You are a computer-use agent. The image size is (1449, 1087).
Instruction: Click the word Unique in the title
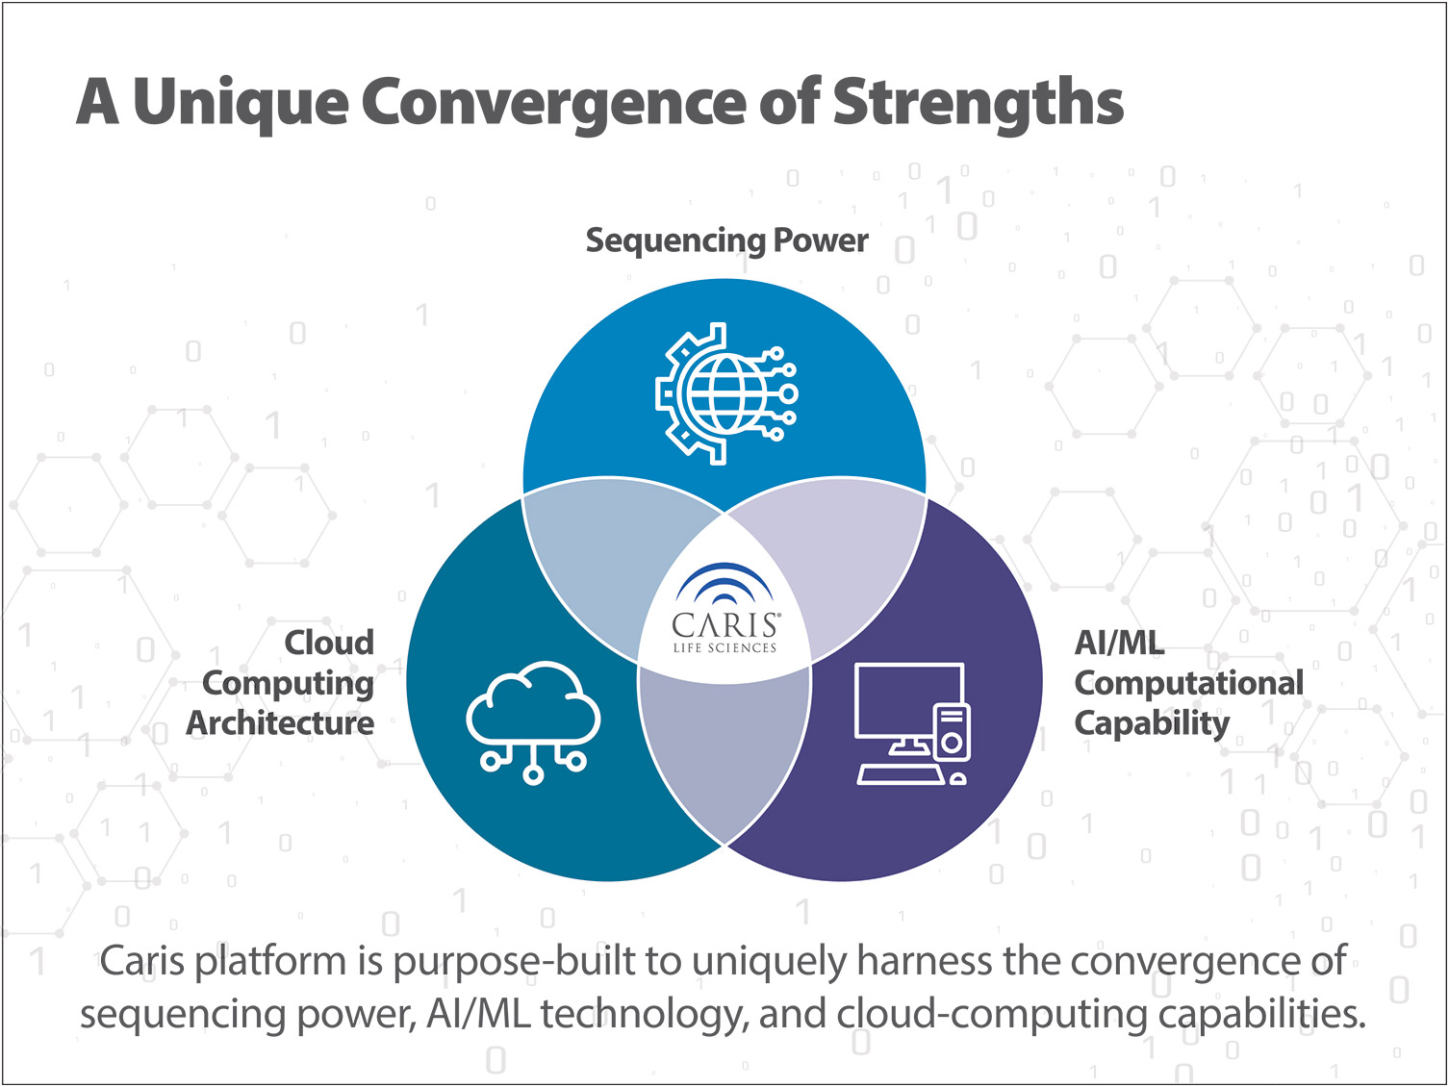pyautogui.click(x=241, y=104)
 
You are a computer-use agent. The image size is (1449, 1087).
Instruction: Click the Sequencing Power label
pyautogui.click(x=726, y=240)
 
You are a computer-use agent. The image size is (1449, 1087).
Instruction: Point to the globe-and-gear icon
pyautogui.click(x=726, y=394)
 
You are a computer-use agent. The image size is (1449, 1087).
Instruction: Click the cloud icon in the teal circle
pyautogui.click(x=533, y=722)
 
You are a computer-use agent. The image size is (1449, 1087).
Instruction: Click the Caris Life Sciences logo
pyautogui.click(x=724, y=608)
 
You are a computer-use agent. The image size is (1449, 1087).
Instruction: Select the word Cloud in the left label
pyautogui.click(x=329, y=643)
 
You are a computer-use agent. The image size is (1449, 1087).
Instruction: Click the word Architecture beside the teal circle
pyautogui.click(x=280, y=723)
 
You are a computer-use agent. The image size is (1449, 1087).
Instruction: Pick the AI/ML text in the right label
pyautogui.click(x=1119, y=643)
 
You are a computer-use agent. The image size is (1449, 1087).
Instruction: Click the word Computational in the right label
pyautogui.click(x=1189, y=683)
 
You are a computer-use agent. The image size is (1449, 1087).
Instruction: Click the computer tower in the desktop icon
pyautogui.click(x=952, y=731)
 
